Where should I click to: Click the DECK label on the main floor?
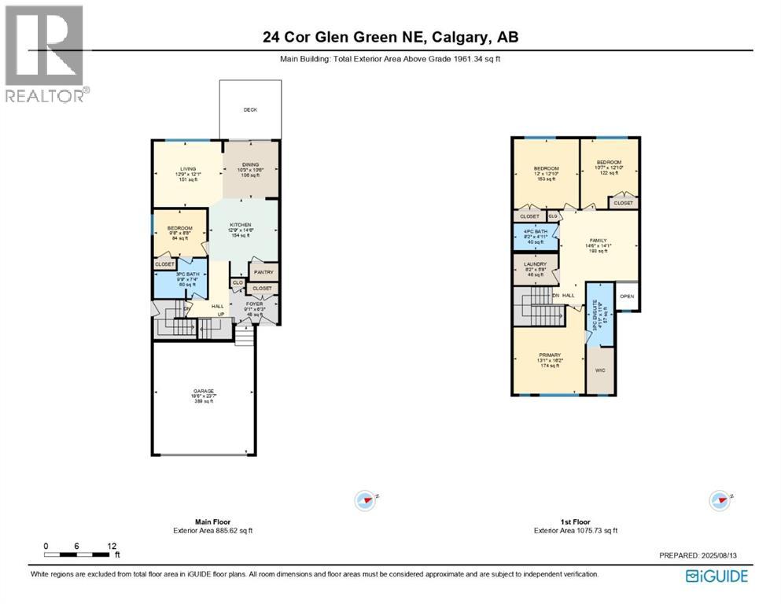coord(249,110)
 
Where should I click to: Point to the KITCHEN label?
coord(240,224)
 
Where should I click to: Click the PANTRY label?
coord(263,273)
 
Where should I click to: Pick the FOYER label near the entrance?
coord(254,304)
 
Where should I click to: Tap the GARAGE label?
coord(204,390)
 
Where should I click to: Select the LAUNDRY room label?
coord(534,265)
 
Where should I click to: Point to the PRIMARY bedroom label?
coord(549,355)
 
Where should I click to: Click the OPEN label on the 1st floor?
coord(627,296)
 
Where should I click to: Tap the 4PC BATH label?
coord(534,231)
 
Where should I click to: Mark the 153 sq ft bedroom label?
coord(546,168)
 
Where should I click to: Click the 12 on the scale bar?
coord(112,546)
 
